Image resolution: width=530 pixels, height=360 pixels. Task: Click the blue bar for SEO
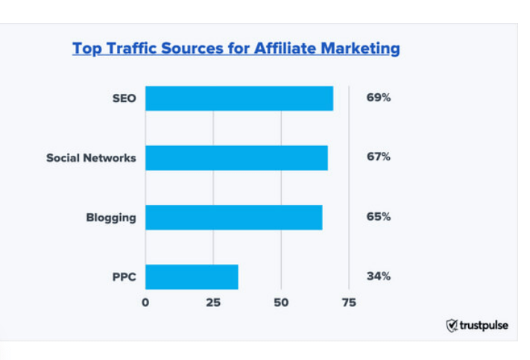pos(239,98)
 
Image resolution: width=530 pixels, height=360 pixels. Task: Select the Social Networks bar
pos(236,157)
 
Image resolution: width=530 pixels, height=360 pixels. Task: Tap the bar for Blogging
pos(233,217)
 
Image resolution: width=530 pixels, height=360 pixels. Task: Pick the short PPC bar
pos(192,277)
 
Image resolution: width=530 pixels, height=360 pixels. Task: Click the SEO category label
pos(123,98)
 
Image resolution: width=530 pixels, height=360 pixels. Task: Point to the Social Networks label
pos(91,158)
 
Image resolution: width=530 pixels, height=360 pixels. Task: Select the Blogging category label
pos(111,218)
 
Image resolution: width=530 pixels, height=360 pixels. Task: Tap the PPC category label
pos(124,277)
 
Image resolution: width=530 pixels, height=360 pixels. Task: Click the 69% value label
pos(378,98)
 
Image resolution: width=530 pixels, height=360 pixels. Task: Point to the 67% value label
pos(378,157)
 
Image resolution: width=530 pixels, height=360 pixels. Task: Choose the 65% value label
pos(378,217)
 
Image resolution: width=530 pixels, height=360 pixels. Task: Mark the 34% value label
pos(378,277)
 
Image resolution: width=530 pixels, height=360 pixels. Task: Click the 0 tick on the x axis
pos(145,303)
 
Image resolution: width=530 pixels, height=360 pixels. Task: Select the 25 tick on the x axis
pos(213,303)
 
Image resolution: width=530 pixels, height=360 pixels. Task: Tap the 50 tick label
pos(281,303)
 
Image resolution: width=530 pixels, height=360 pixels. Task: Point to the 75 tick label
pos(348,303)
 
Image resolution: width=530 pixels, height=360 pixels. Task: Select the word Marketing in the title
pos(361,49)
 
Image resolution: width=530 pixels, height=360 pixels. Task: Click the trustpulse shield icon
pos(452,325)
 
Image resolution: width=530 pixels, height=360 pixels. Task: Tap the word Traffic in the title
pos(133,48)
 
